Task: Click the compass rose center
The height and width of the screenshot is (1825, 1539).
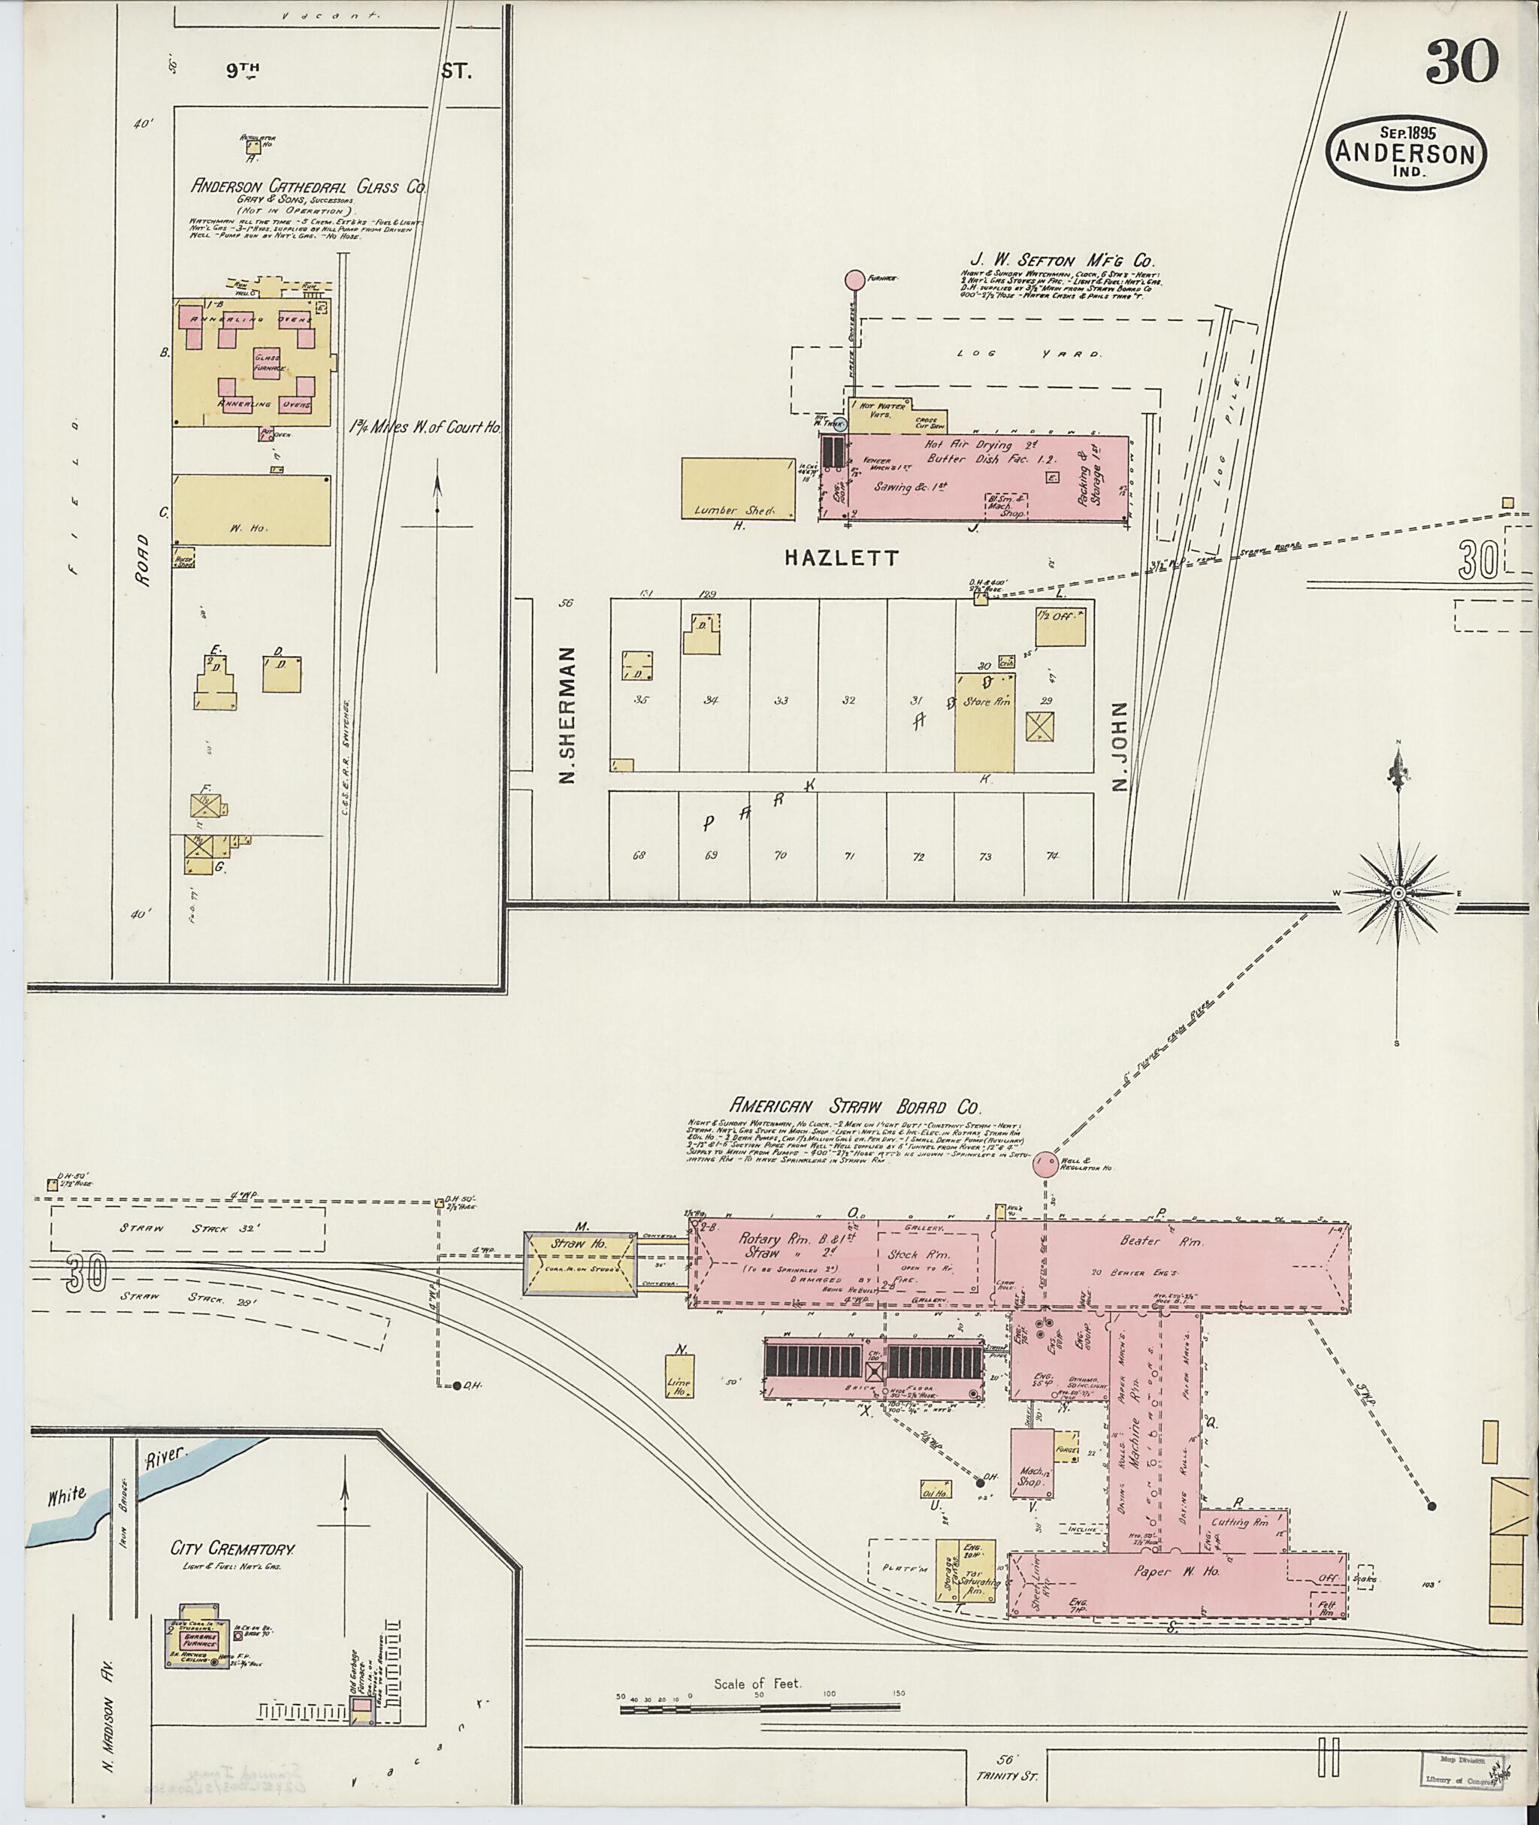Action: point(1398,893)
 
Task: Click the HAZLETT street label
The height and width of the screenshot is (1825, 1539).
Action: point(840,558)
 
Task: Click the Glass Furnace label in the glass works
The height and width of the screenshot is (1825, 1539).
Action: point(267,363)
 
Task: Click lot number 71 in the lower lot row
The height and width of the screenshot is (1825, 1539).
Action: point(847,856)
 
